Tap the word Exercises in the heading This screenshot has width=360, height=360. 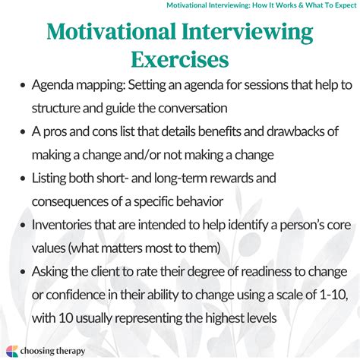coord(180,58)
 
